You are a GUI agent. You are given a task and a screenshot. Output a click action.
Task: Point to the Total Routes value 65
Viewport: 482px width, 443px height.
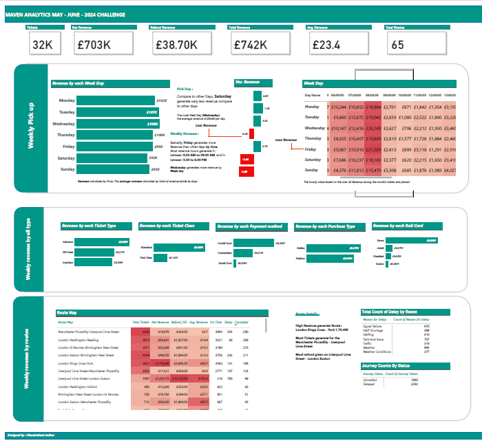click(x=397, y=45)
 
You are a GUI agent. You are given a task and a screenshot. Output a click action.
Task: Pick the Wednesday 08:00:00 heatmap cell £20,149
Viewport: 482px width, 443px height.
click(x=373, y=128)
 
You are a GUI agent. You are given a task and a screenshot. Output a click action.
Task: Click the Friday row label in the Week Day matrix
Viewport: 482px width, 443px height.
click(x=311, y=149)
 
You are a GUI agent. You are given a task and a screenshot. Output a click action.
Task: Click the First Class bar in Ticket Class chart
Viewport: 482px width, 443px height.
click(x=162, y=257)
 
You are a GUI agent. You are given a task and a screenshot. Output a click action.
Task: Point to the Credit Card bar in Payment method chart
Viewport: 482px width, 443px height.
click(x=255, y=243)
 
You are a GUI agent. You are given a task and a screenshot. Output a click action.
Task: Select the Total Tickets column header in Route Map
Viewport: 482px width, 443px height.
click(x=140, y=322)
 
